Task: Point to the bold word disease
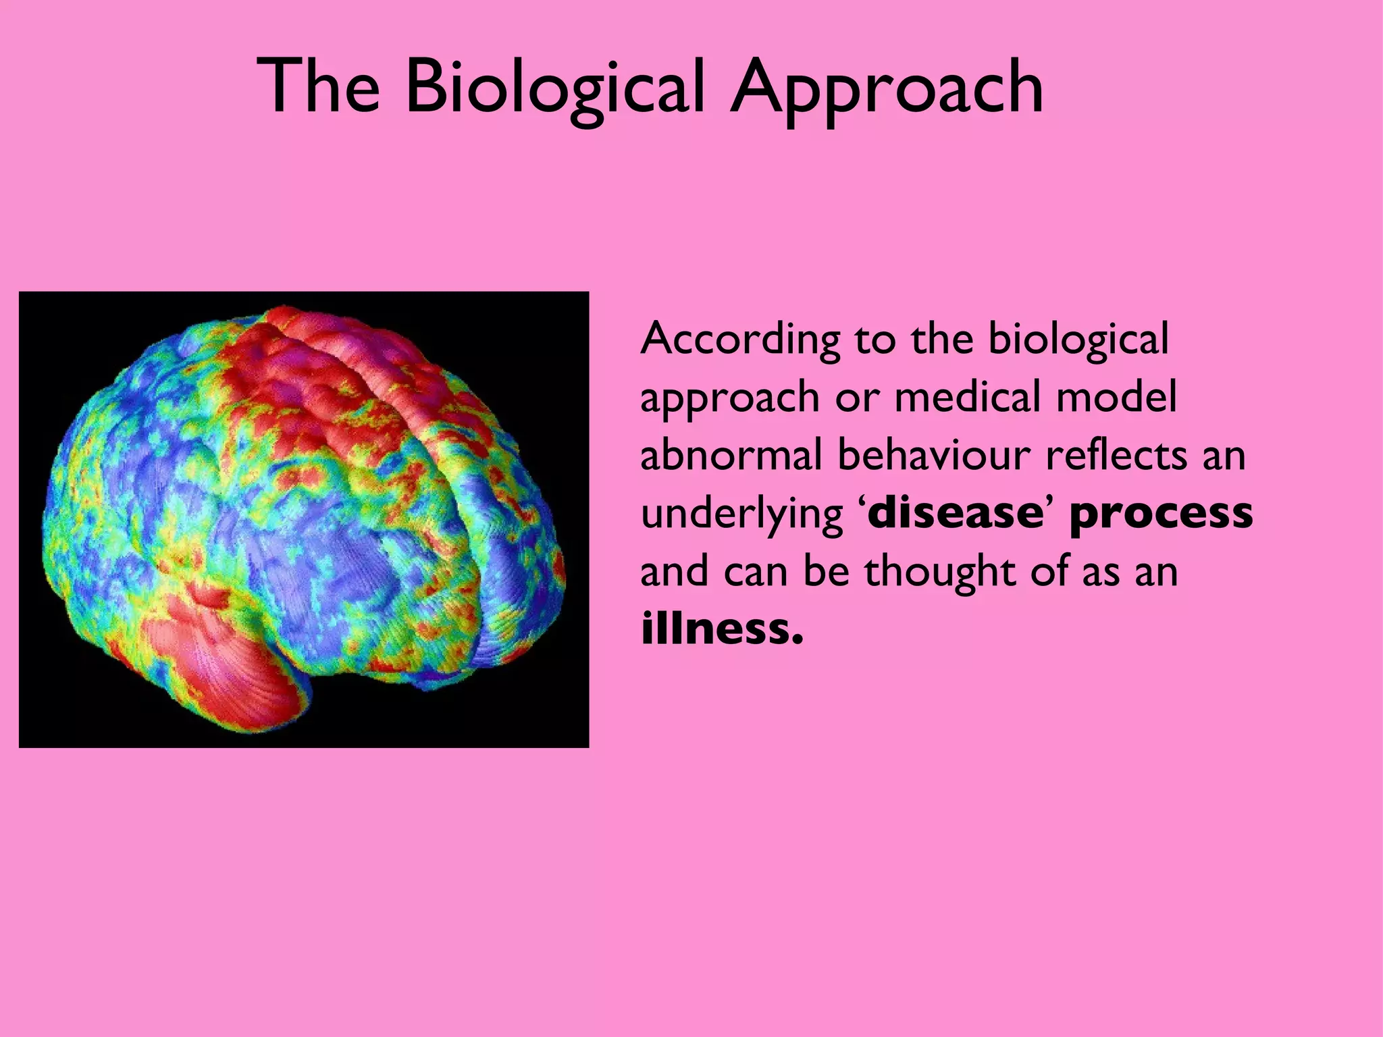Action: pyautogui.click(x=955, y=512)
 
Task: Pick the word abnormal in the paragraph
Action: pyautogui.click(x=731, y=455)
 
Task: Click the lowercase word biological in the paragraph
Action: pyautogui.click(x=1078, y=340)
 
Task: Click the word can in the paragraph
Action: pyautogui.click(x=756, y=572)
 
